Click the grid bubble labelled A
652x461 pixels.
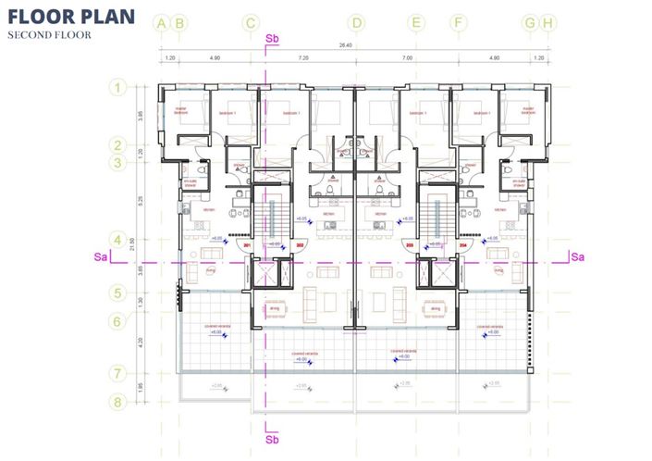point(163,23)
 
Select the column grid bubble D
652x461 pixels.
point(358,23)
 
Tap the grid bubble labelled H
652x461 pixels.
point(548,23)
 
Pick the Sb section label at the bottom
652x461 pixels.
point(272,441)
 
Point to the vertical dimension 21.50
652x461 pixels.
point(132,244)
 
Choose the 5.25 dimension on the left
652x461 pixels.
point(140,198)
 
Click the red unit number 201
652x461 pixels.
point(246,245)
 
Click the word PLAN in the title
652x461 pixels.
point(104,16)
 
